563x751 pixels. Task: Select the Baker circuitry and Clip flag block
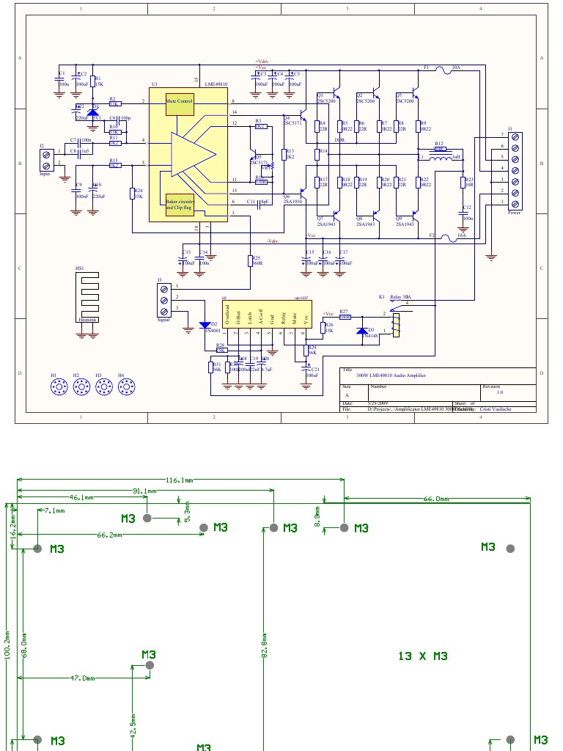pyautogui.click(x=180, y=204)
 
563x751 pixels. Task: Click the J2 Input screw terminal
pyautogui.click(x=48, y=161)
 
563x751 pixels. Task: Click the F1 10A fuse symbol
pyautogui.click(x=443, y=70)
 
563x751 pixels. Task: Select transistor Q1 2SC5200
pyautogui.click(x=336, y=94)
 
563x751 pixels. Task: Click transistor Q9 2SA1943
pyautogui.click(x=415, y=216)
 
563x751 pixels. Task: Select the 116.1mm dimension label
pyautogui.click(x=180, y=480)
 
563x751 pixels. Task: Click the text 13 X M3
pyautogui.click(x=422, y=656)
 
